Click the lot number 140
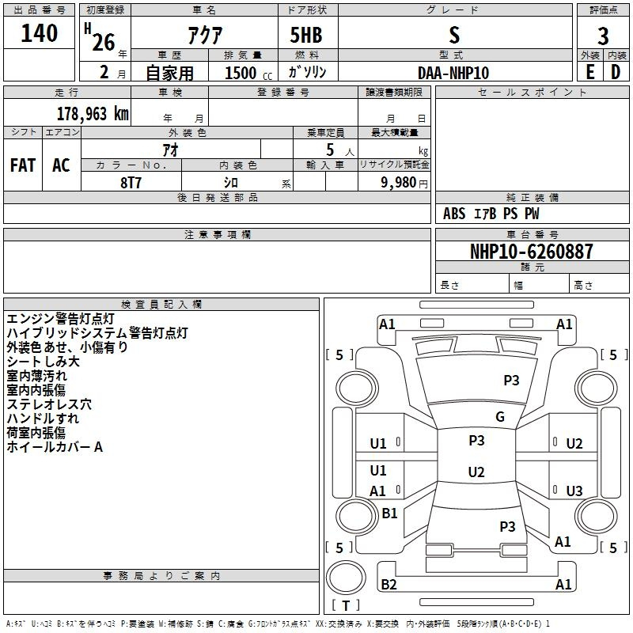(x=39, y=33)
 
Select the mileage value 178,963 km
(x=93, y=114)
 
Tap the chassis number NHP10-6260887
(x=532, y=252)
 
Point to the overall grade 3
(x=603, y=36)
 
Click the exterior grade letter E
(x=590, y=72)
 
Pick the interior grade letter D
(x=616, y=72)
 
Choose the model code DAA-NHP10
(x=453, y=73)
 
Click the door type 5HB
(x=306, y=35)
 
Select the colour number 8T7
(x=131, y=183)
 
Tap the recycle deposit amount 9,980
(x=399, y=183)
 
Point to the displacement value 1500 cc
(x=248, y=73)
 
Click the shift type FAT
(x=23, y=165)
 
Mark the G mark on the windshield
(x=500, y=417)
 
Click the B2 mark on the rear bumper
(x=389, y=584)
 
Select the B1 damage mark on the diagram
(x=389, y=513)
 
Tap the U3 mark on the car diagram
(x=574, y=491)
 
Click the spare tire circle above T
(x=346, y=578)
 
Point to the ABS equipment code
(x=454, y=214)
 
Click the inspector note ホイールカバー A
(x=55, y=447)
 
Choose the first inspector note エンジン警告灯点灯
(x=61, y=319)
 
